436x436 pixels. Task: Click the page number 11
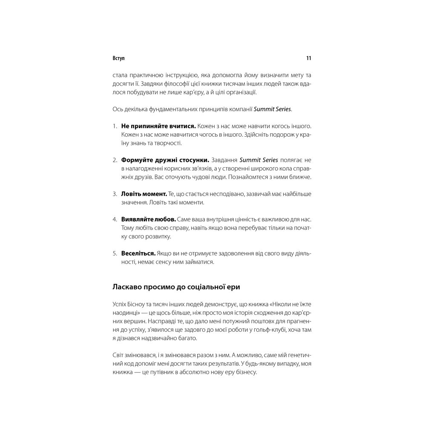pyautogui.click(x=309, y=58)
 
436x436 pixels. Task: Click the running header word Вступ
pyautogui.click(x=119, y=58)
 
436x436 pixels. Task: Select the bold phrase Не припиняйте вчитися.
pyautogui.click(x=158, y=126)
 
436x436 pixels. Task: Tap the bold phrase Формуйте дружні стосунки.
pyautogui.click(x=165, y=160)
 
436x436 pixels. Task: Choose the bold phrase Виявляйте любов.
pyautogui.click(x=149, y=219)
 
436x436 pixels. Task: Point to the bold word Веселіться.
pyautogui.click(x=138, y=253)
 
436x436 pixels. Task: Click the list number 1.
pyautogui.click(x=115, y=126)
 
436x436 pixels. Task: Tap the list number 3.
pyautogui.click(x=115, y=194)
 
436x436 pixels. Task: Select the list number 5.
pyautogui.click(x=115, y=253)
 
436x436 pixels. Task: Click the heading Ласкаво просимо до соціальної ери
pyautogui.click(x=176, y=287)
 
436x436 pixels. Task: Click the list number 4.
pyautogui.click(x=115, y=219)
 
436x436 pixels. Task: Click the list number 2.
pyautogui.click(x=115, y=160)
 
